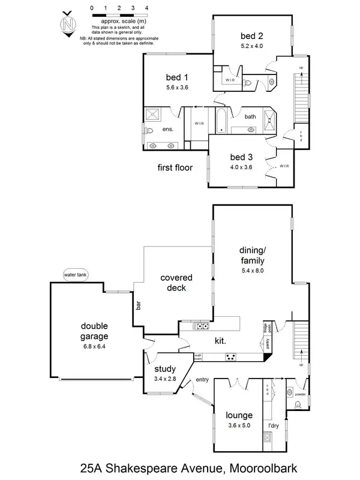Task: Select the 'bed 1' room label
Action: point(177,77)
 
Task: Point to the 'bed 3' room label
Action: point(242,157)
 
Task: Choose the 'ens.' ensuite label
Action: point(168,129)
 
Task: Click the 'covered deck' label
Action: point(176,283)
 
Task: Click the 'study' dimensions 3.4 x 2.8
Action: point(164,379)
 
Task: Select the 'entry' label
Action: point(202,379)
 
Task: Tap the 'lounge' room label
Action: point(239,415)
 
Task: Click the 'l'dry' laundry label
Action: point(273,425)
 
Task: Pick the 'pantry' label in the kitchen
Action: point(268,343)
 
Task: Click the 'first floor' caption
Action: point(175,168)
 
